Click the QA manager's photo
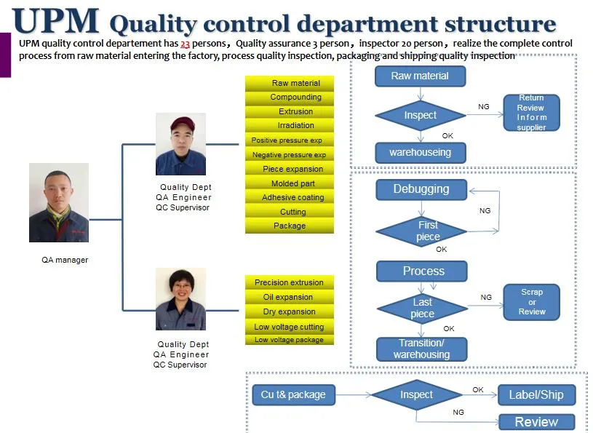(59, 202)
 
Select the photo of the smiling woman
(180, 299)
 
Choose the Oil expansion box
(289, 297)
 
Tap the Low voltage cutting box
(289, 327)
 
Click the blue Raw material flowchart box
(420, 76)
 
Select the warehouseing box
(420, 152)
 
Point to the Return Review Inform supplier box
(531, 113)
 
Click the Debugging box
(421, 189)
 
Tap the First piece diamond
(428, 231)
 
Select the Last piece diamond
(423, 308)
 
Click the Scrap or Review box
(532, 301)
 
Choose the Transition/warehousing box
(422, 349)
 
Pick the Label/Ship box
(536, 394)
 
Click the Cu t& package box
(293, 394)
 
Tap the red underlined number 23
(186, 44)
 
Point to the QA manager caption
(65, 260)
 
